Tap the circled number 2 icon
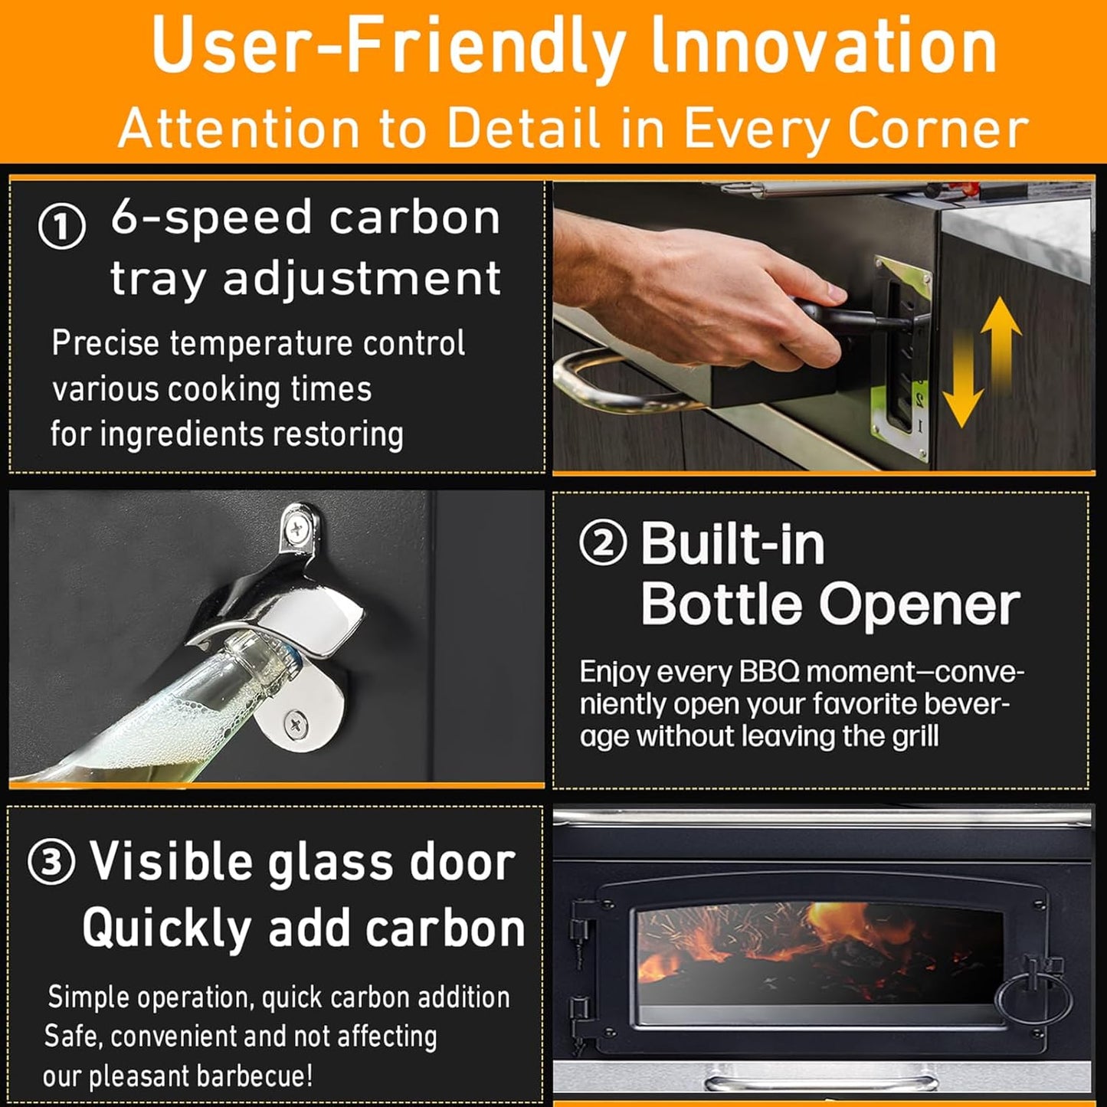(x=603, y=543)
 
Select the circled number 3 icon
(x=51, y=863)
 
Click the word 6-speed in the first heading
(x=211, y=218)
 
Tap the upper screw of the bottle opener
(x=297, y=529)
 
